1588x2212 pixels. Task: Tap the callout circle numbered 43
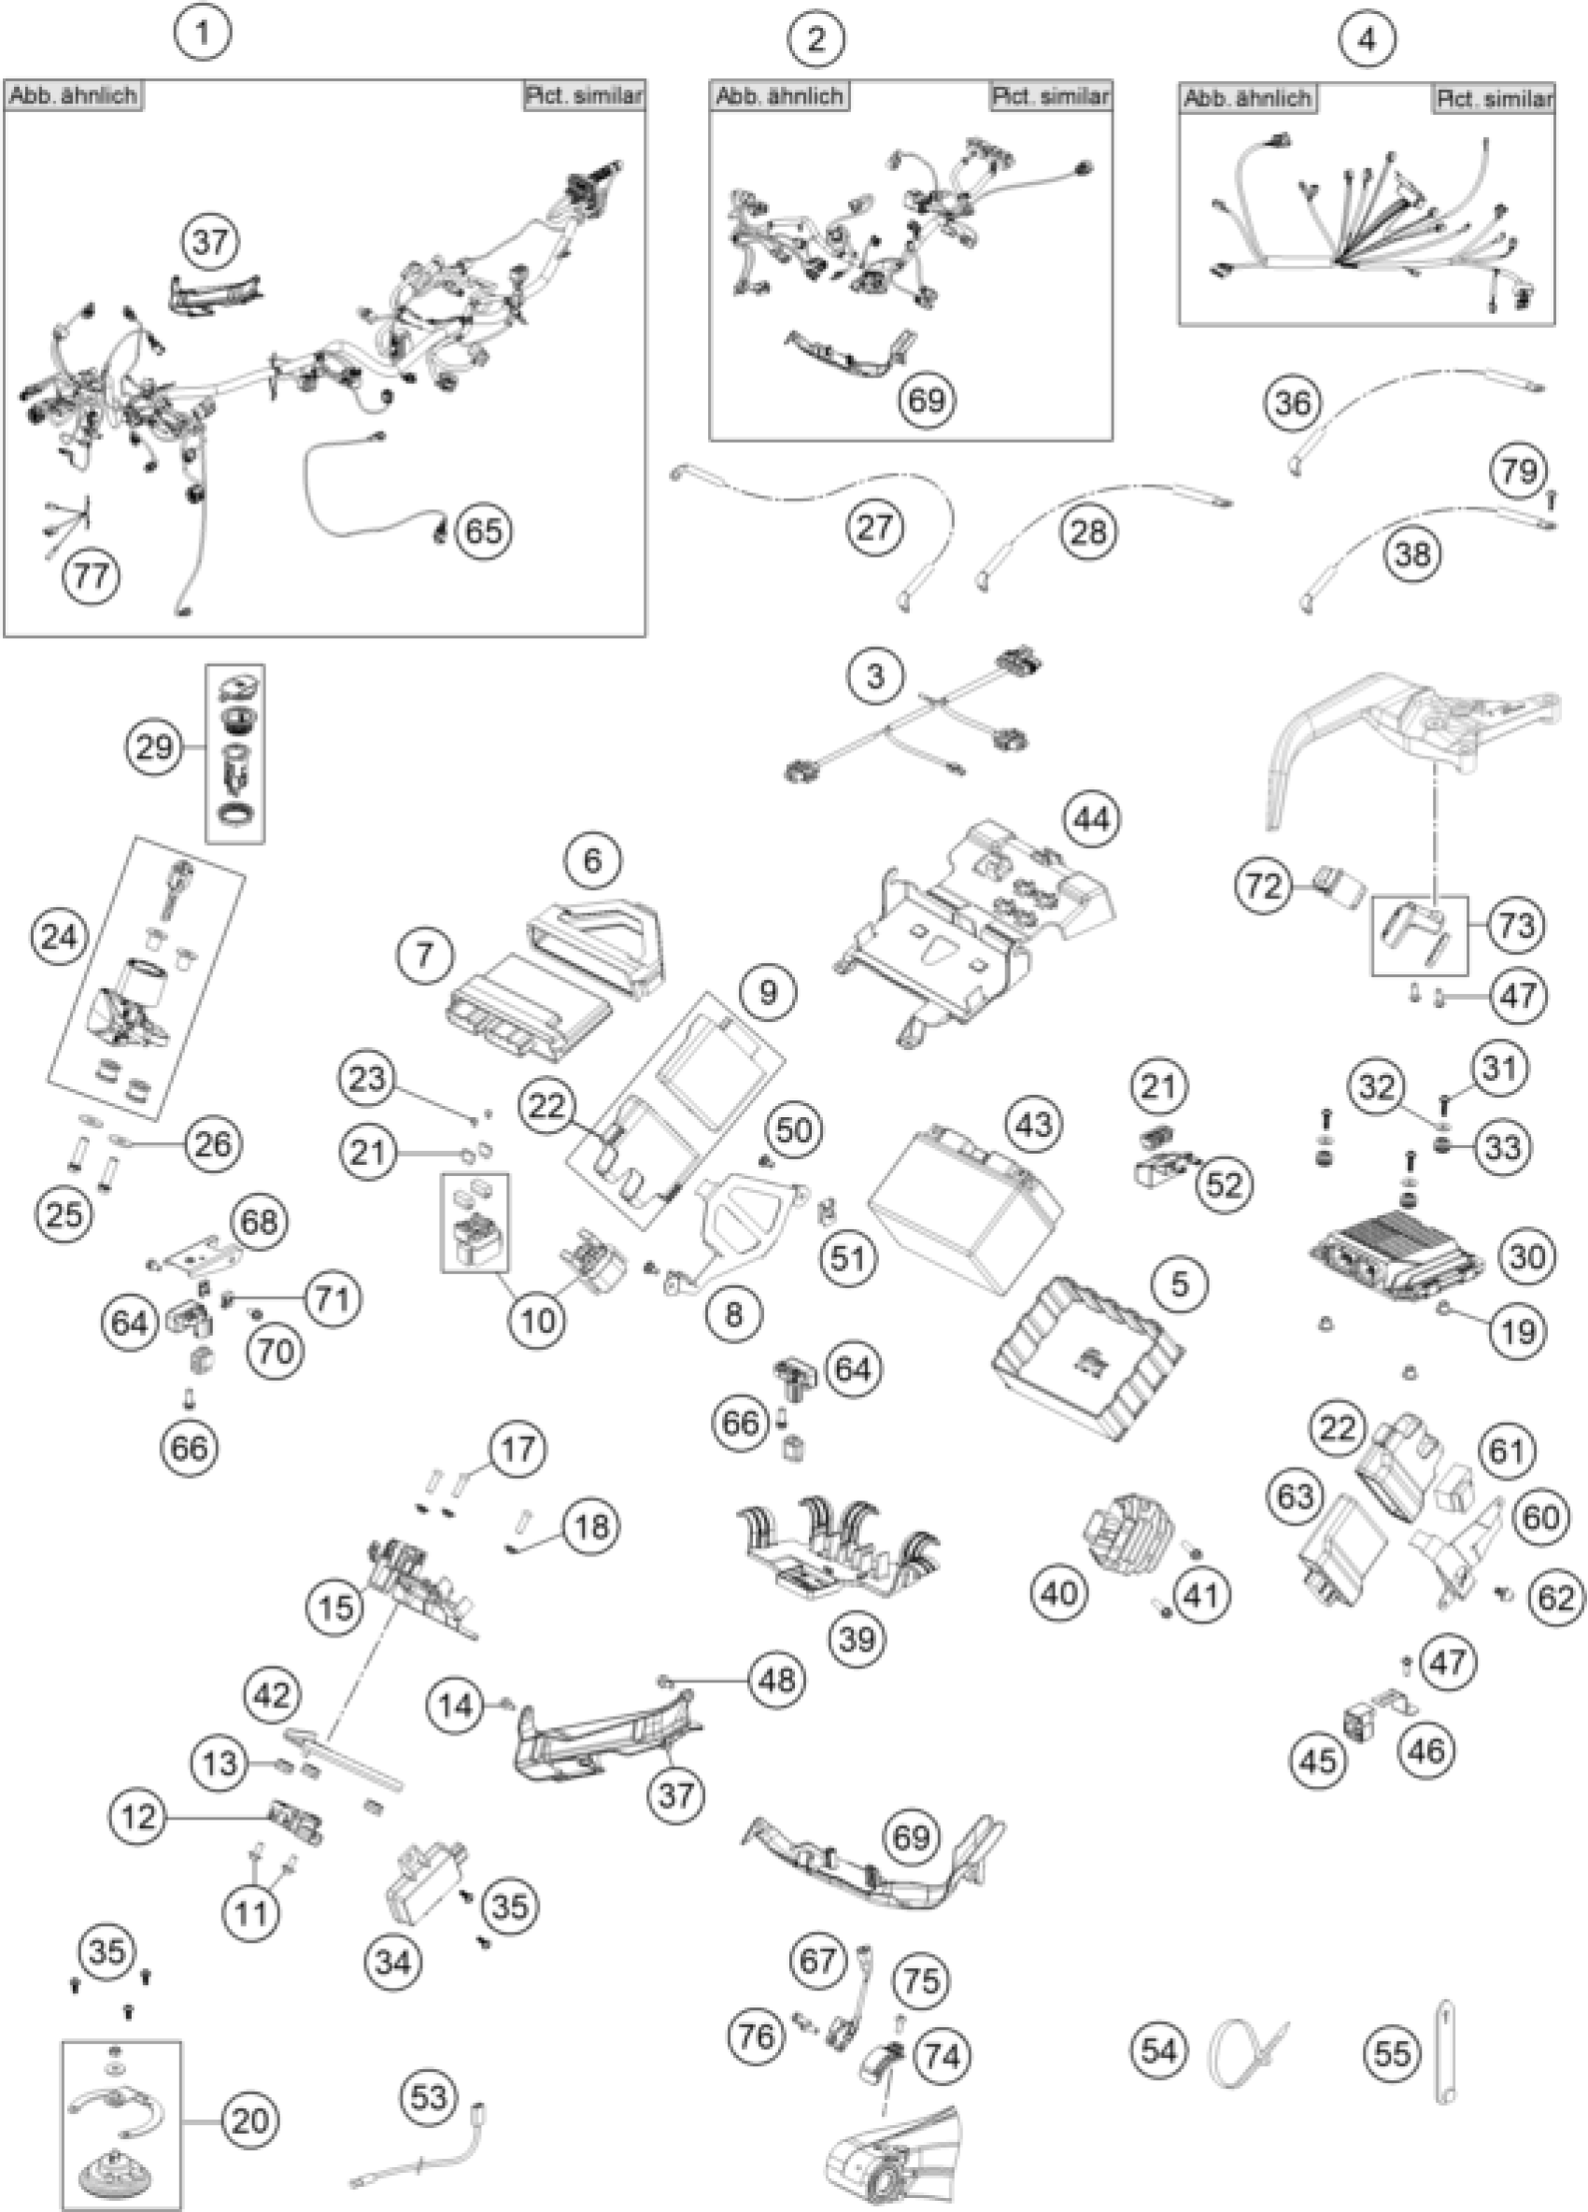pos(1034,1125)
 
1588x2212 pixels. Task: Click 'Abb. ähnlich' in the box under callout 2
pos(779,95)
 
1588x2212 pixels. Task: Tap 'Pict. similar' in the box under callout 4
pos(1494,98)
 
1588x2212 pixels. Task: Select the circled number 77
pos(91,575)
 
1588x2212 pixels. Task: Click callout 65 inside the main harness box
pos(484,531)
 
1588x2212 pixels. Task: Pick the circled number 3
pos(874,675)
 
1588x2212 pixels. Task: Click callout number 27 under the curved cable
pos(874,528)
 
